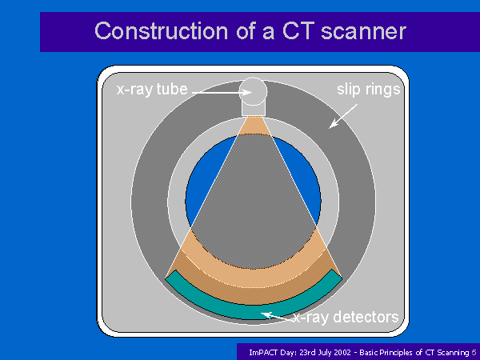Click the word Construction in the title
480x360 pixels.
(x=162, y=31)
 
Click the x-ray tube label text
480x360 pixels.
(x=152, y=90)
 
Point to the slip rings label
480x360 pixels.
(x=369, y=90)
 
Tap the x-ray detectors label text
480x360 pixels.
(x=346, y=317)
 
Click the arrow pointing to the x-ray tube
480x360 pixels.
(x=222, y=92)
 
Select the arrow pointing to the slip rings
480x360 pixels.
(x=343, y=116)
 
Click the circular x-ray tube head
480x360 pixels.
(x=253, y=91)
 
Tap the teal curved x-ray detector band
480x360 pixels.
(x=254, y=312)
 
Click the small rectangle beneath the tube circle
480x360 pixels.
(x=254, y=110)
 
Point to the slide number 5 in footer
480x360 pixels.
(x=474, y=352)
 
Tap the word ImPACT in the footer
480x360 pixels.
(x=263, y=352)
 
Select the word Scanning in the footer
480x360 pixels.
(x=454, y=353)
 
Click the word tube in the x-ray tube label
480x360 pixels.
(x=172, y=90)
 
